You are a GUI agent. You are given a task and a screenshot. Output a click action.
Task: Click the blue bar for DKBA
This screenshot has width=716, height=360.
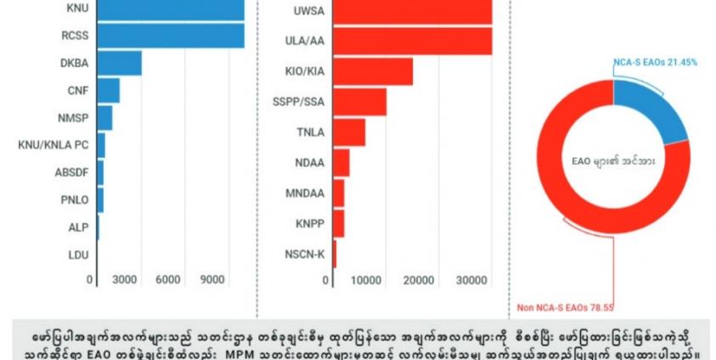120,63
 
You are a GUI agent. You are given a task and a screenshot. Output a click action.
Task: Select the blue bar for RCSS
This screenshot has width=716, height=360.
171,36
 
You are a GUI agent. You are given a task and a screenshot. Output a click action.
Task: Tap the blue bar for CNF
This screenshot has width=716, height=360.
109,90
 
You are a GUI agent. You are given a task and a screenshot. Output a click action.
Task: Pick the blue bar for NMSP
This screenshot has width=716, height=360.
105,117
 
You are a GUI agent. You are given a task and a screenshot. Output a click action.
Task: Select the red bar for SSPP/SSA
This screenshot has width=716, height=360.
360,102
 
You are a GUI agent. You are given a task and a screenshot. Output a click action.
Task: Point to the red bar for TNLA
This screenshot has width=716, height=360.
349,132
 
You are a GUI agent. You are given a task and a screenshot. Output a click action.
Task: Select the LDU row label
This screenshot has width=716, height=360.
78,253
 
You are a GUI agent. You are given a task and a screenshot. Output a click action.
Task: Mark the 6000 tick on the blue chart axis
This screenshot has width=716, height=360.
167,280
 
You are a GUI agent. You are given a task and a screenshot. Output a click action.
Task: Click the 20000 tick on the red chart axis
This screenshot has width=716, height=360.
418,280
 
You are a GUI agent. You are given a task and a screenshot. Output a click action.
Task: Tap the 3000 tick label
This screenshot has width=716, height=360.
125,280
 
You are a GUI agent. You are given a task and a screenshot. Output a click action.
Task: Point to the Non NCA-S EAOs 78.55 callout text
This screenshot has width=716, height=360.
564,310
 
